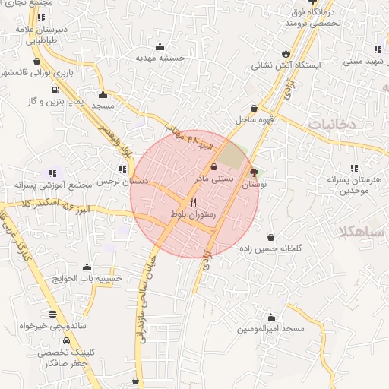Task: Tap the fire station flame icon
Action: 285,53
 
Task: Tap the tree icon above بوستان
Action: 253,173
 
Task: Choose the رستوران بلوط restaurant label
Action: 195,215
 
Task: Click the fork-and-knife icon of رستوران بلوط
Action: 193,203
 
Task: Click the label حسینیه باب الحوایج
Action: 87,278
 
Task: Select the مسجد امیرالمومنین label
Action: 270,328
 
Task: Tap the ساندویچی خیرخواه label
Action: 52,325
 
